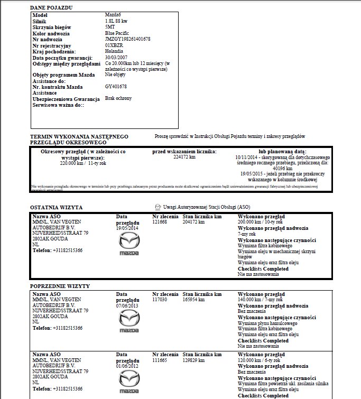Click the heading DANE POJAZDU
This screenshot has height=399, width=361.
(52, 7)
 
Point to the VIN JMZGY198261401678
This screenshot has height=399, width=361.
(127, 39)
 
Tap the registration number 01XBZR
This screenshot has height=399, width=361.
(114, 45)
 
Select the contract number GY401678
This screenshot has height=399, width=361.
(116, 86)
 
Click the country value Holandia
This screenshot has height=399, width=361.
(114, 51)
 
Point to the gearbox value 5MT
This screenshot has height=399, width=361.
(110, 27)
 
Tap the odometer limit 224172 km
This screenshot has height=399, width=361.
(184, 157)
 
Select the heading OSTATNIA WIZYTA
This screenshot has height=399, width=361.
(56, 208)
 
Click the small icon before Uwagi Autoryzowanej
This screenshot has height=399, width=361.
(158, 207)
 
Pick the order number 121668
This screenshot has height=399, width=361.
(160, 222)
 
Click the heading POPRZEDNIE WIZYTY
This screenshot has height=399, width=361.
(60, 285)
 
